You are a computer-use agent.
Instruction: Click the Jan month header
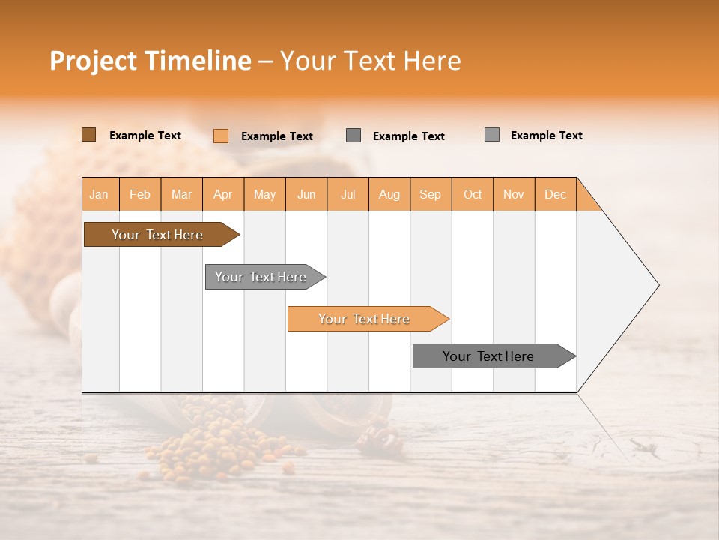pos(100,194)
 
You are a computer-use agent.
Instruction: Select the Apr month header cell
pos(223,194)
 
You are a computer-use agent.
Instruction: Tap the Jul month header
pos(348,194)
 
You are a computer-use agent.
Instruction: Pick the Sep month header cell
pos(431,194)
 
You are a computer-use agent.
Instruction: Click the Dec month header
pos(555,194)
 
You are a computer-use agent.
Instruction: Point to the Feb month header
pos(140,194)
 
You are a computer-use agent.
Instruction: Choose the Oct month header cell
pos(473,194)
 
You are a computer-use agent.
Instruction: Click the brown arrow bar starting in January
pos(157,235)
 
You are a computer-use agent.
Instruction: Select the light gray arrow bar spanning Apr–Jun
pos(261,277)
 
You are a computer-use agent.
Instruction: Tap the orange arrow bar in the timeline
pos(364,319)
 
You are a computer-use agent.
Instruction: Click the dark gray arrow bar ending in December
pos(488,356)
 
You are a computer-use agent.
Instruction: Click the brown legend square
pos(88,135)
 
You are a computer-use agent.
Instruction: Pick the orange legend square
pos(221,136)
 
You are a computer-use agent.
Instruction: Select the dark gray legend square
pos(354,136)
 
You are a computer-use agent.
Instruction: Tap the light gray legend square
pos(491,135)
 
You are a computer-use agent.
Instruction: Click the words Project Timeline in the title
pos(150,61)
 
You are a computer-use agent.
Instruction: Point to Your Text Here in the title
pos(371,61)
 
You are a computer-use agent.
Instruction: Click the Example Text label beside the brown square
pos(145,136)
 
